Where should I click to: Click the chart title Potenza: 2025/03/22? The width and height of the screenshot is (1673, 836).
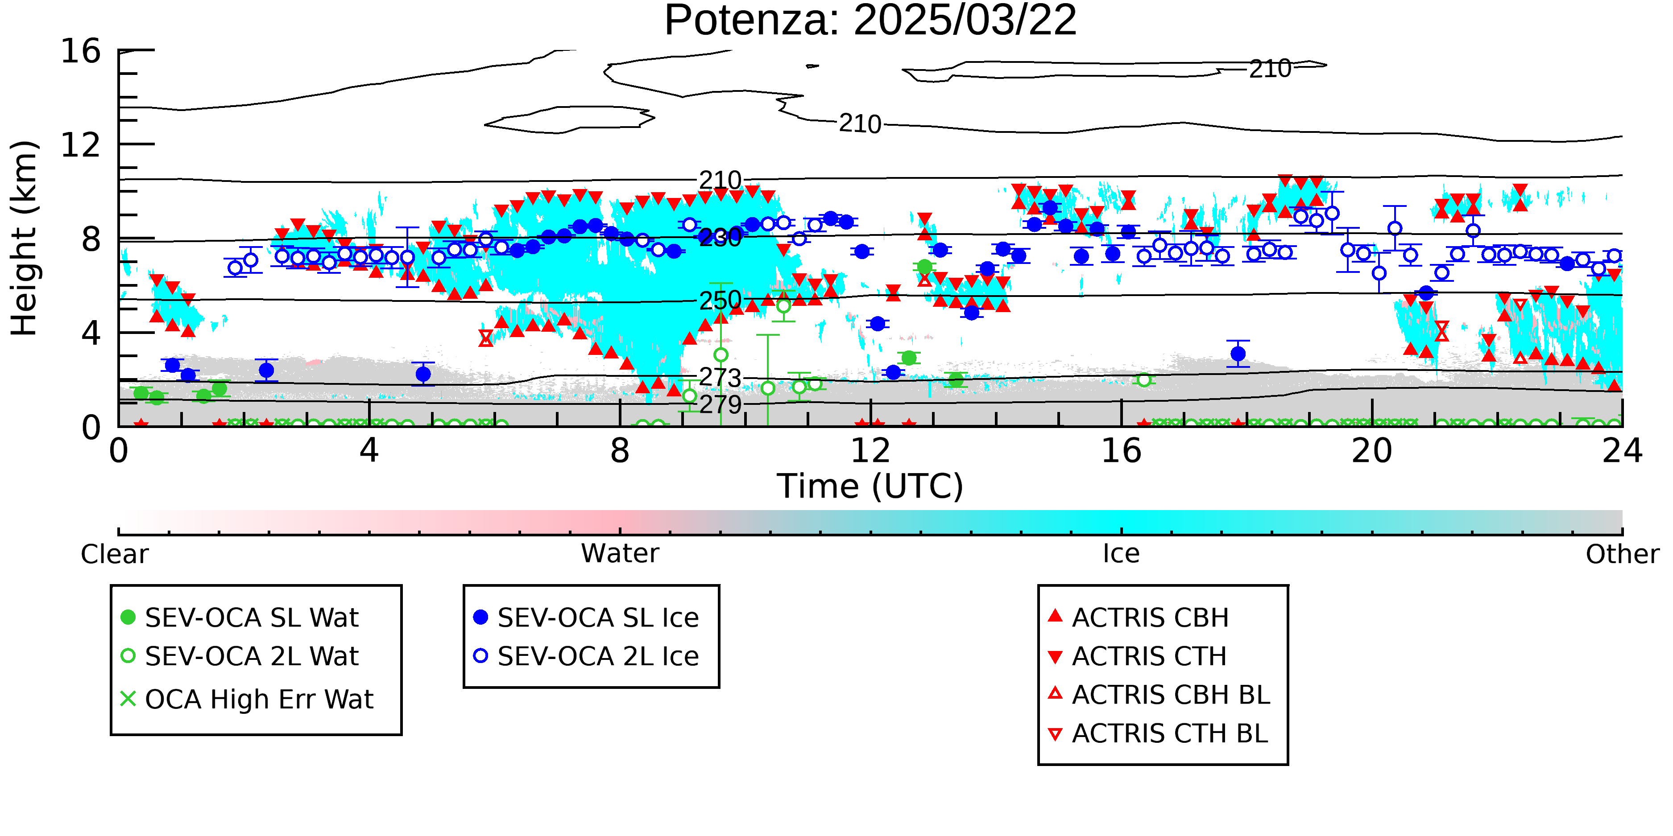pos(870,21)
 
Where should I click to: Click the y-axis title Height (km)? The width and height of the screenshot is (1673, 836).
pos(25,238)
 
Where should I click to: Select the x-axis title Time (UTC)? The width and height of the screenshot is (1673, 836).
pos(870,486)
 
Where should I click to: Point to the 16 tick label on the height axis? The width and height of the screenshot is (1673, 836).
pos(81,51)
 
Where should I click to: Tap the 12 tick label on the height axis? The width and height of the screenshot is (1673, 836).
pos(81,145)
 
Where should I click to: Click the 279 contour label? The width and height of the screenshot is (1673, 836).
pos(720,404)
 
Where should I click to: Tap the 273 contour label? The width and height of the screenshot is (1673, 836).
pos(720,377)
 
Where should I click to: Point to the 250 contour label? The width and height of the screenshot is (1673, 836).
pos(720,301)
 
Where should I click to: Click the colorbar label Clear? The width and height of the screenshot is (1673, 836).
pos(114,554)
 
